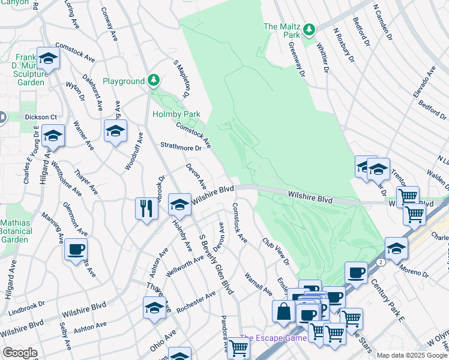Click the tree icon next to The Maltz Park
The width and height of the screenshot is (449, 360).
[309, 29]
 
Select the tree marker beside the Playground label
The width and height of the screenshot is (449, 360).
[154, 80]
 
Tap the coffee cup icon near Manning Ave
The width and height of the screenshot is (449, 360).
[76, 249]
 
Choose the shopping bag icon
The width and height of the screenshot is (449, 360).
[283, 311]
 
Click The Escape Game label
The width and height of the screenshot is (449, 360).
[273, 338]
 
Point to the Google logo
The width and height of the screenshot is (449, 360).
[20, 353]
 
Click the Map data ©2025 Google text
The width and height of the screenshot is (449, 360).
[412, 355]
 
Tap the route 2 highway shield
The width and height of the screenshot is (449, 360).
[380, 263]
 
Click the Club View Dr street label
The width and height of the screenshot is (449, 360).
[276, 251]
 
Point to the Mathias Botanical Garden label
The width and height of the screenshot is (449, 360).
[14, 230]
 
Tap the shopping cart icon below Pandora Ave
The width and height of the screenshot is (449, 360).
[239, 347]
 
